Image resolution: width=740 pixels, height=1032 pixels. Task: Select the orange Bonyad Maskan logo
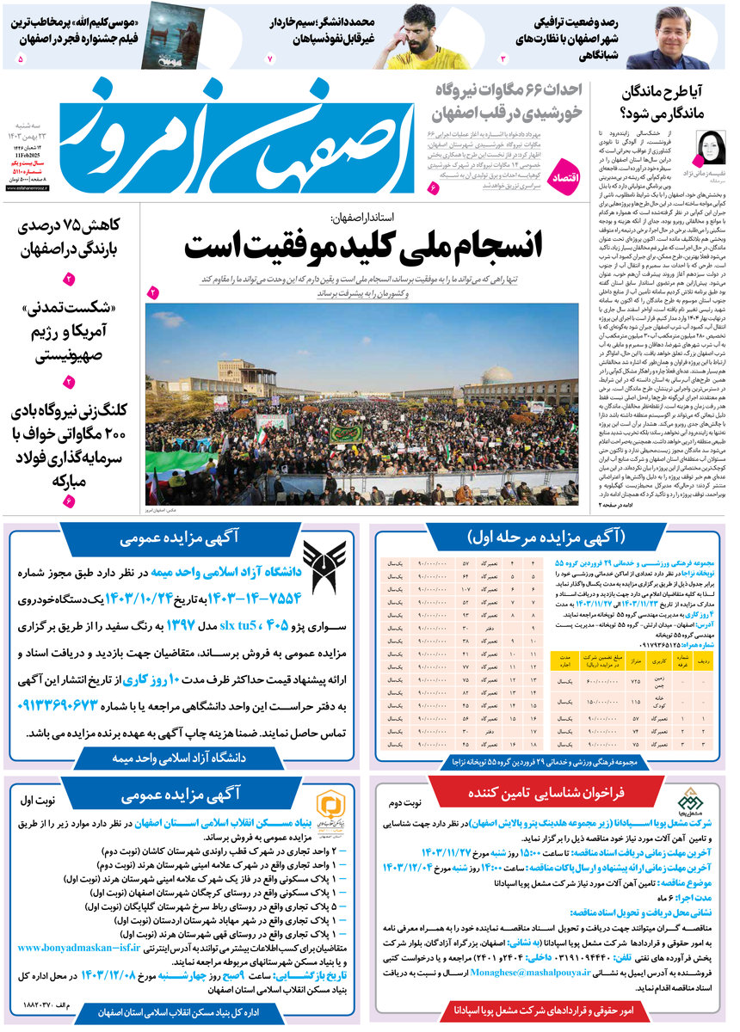coord(326,805)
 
